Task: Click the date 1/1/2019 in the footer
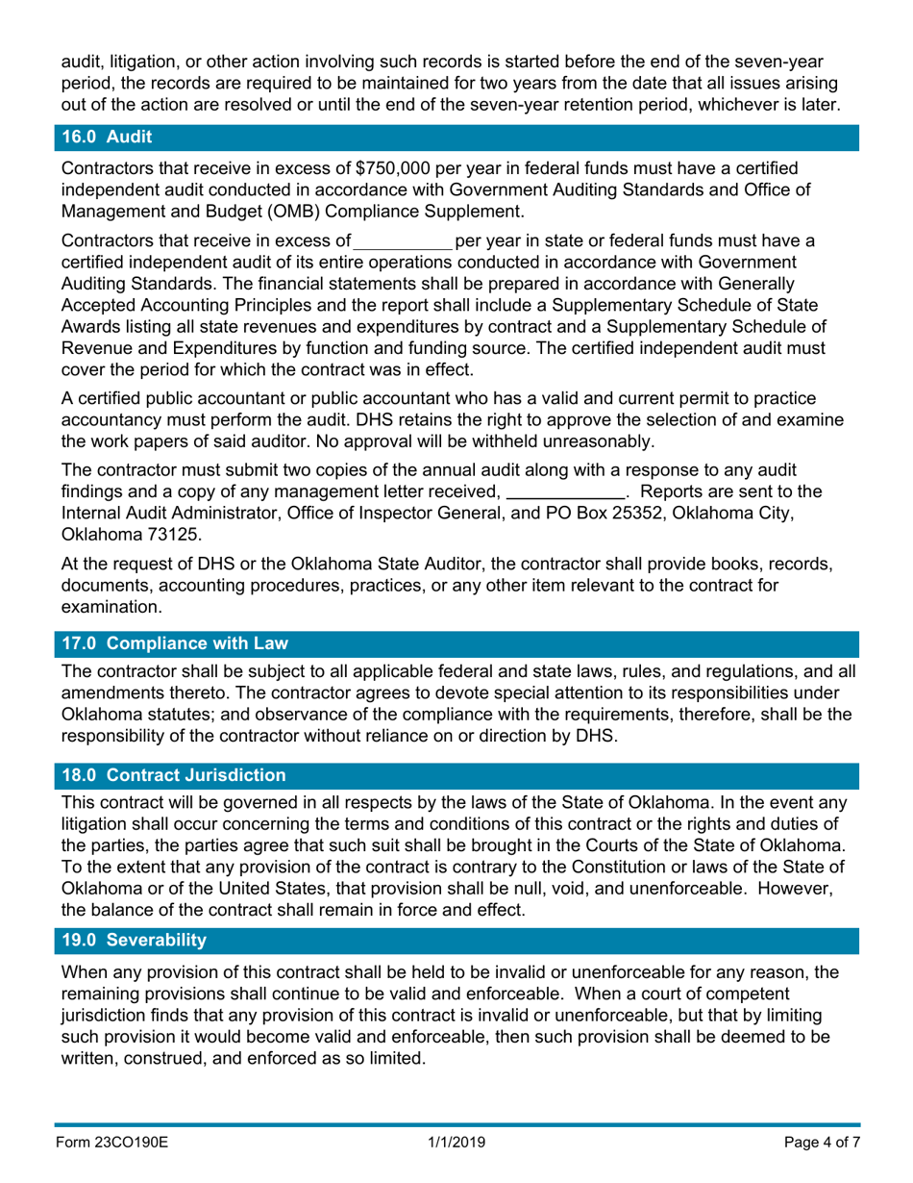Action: (x=456, y=1142)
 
